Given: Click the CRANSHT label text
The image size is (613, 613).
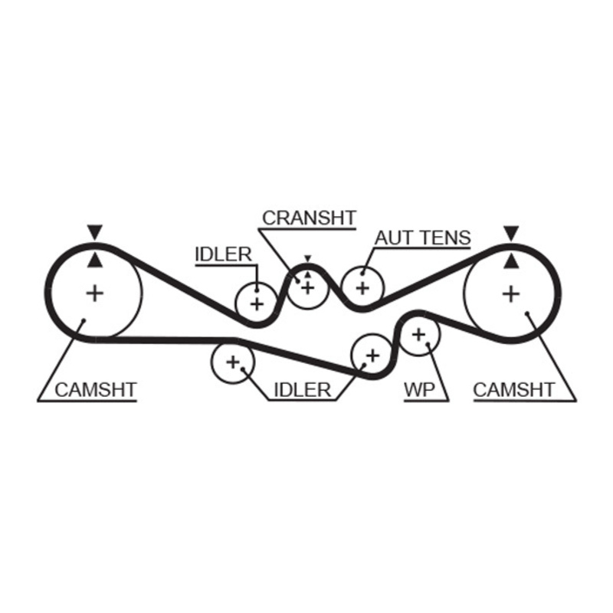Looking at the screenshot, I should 309,218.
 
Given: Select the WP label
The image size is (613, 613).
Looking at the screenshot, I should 419,389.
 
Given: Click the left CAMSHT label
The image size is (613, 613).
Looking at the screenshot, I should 95,389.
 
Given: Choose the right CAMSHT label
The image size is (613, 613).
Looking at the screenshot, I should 513,389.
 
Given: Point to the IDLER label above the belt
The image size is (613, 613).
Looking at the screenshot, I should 224,254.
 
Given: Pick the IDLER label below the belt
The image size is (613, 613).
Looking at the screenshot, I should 302,389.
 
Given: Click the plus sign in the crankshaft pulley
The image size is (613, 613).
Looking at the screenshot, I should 308,287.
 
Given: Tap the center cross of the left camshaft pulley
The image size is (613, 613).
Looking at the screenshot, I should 94,292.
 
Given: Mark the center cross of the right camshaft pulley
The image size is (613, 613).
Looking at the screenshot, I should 510,293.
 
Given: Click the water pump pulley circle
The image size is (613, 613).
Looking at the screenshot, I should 418,334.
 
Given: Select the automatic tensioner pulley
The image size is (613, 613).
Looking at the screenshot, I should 362,287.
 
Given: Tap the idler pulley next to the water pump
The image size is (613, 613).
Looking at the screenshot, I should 372,355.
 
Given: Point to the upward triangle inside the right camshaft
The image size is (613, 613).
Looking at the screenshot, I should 510,262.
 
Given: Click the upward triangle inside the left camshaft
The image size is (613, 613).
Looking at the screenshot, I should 94,261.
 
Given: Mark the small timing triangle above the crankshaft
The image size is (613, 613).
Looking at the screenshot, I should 307,259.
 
